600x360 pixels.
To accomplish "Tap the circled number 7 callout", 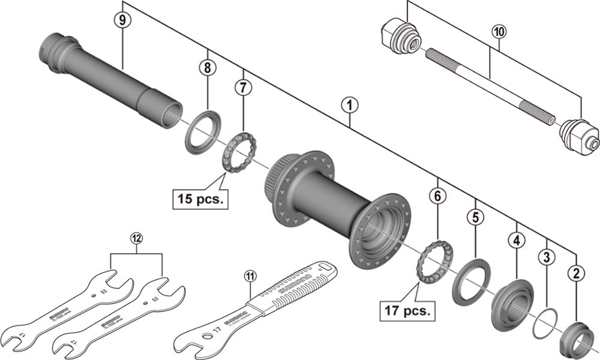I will coord(244,88).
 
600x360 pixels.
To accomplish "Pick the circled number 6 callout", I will coord(438,196).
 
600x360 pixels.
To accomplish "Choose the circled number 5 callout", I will coord(475,217).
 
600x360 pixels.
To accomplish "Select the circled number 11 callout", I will coord(250,276).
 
